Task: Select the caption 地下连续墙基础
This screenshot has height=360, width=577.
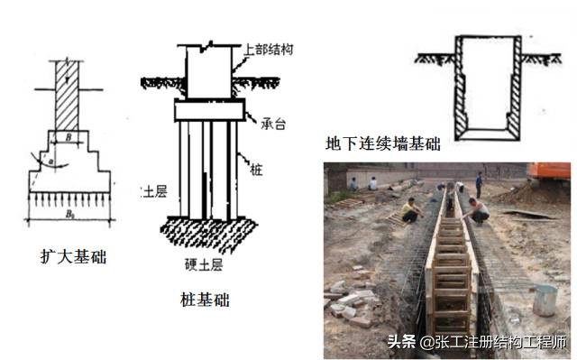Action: tap(383, 144)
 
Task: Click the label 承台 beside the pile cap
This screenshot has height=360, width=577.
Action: tap(261, 122)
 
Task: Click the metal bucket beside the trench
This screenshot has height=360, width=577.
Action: tap(544, 300)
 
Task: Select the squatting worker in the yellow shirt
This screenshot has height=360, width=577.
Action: tap(411, 213)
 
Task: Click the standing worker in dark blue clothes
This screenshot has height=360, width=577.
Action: tap(479, 186)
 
